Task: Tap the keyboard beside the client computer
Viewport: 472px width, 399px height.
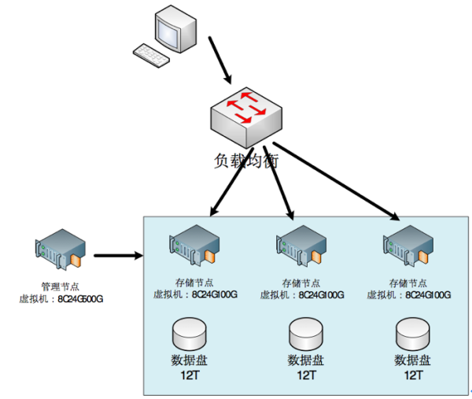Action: (x=152, y=54)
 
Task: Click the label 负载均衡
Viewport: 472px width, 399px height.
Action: (x=245, y=160)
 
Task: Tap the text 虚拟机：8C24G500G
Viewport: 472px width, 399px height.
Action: (x=61, y=299)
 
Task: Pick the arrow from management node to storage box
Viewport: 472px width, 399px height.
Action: (x=118, y=255)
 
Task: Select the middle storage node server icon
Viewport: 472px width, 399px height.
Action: (x=300, y=249)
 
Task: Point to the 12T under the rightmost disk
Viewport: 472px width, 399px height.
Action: (x=413, y=376)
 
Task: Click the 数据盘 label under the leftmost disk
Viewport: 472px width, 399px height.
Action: (x=191, y=361)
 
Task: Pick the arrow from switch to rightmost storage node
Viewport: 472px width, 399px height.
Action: (x=334, y=180)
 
